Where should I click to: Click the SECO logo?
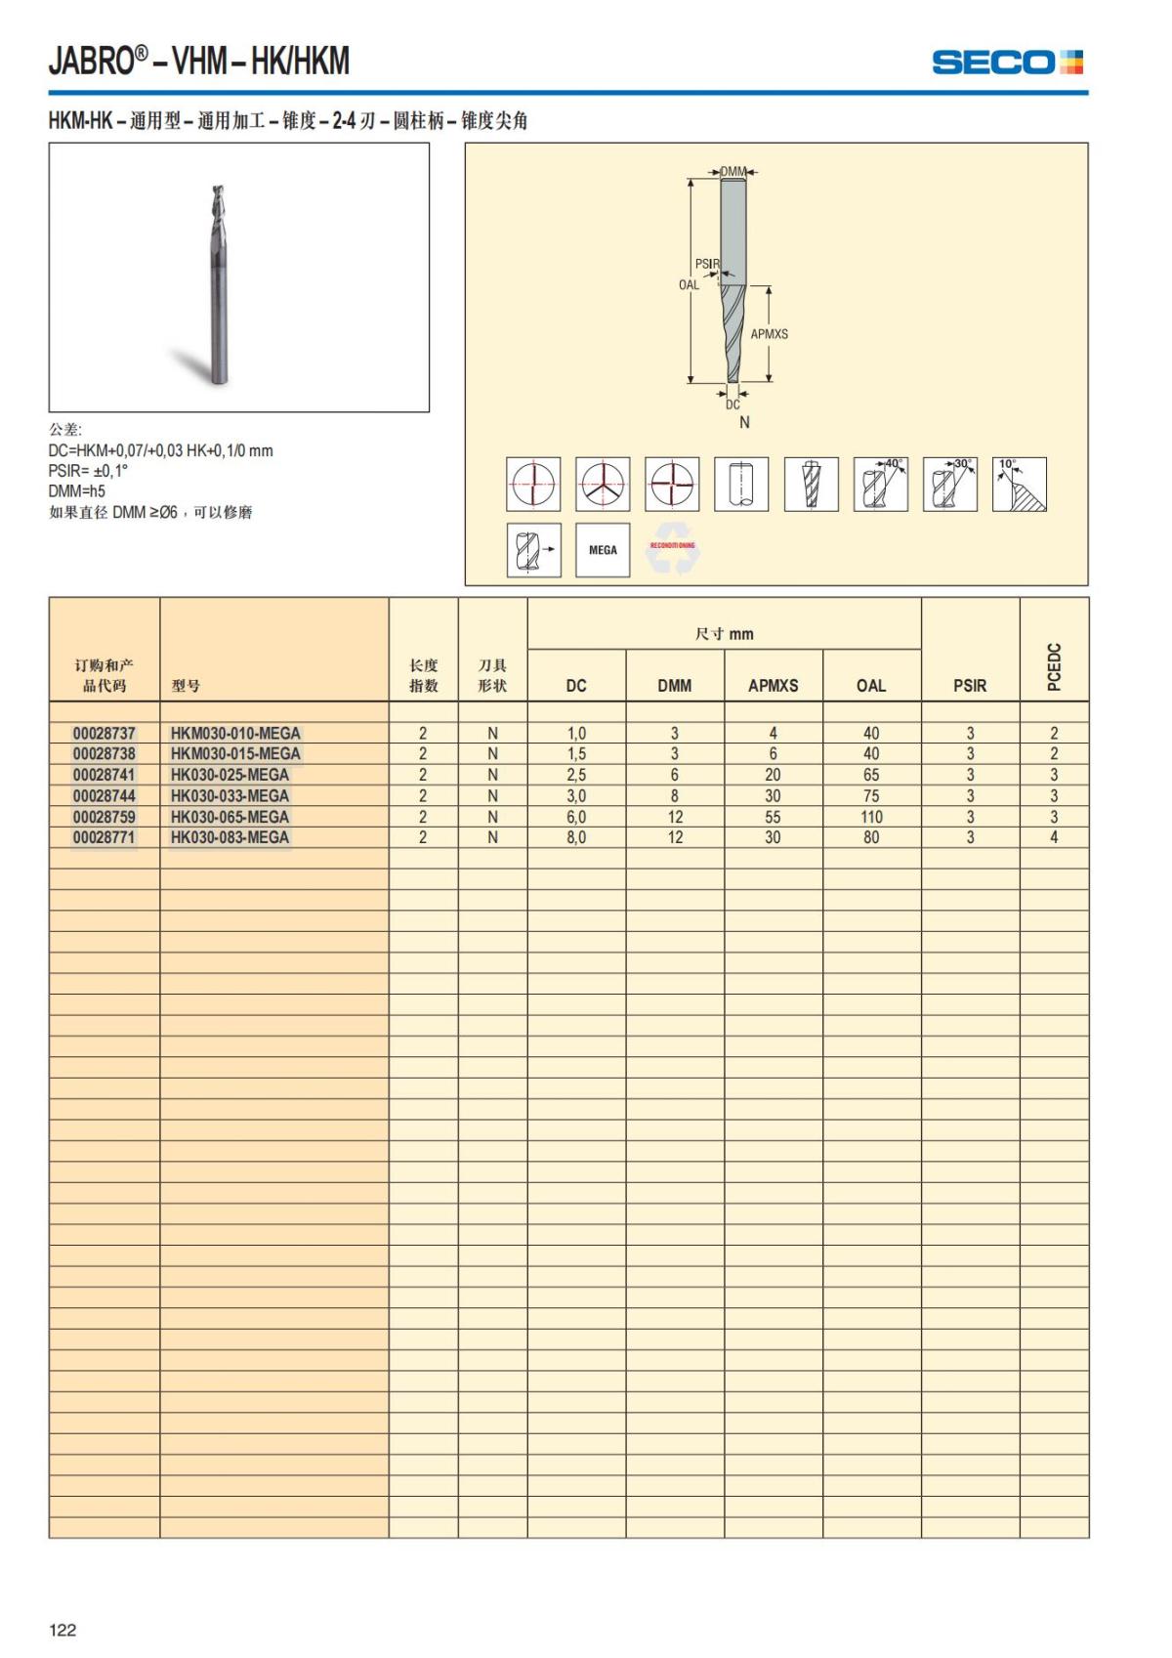[x=1007, y=63]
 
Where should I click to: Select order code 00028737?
[x=104, y=733]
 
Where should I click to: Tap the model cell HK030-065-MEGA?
[x=230, y=817]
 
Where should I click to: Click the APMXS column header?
[x=773, y=686]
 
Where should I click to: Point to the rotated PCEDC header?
[x=1053, y=667]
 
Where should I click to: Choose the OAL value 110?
[x=871, y=817]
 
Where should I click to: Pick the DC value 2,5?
[x=576, y=775]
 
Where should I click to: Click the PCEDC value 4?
[x=1054, y=837]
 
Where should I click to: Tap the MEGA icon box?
[x=603, y=550]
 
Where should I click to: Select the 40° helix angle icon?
[x=880, y=484]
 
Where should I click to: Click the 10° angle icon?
[x=1020, y=484]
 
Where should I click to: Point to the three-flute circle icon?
[x=603, y=484]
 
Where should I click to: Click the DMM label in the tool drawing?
[x=733, y=172]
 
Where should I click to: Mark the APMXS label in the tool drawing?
[x=769, y=334]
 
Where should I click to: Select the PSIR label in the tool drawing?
[x=706, y=265]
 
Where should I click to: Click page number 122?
[x=63, y=1629]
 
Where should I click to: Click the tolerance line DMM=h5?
[x=77, y=491]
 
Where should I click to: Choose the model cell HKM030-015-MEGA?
[x=235, y=753]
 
